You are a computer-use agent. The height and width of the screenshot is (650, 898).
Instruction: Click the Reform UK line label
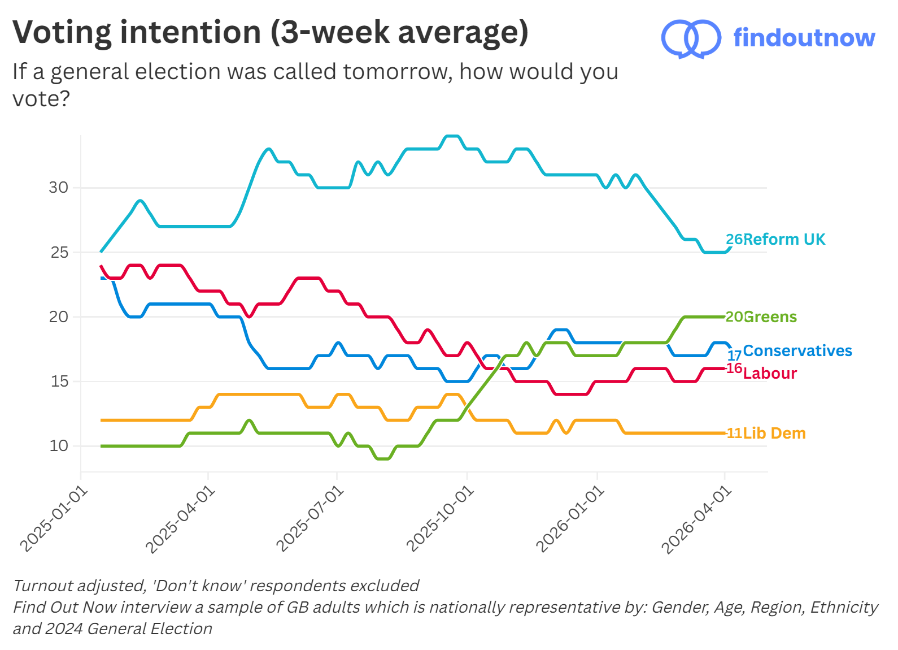coord(784,240)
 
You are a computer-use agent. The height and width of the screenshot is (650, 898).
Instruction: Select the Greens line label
coord(770,317)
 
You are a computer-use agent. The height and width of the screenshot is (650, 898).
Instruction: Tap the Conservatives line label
coord(797,351)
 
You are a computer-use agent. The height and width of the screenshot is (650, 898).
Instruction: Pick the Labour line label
coord(770,374)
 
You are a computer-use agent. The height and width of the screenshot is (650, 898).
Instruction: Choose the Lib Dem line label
coord(774,434)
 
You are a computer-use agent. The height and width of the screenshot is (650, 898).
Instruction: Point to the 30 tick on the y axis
coord(58,188)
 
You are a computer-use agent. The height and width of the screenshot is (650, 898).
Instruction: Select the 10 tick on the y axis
coord(59,446)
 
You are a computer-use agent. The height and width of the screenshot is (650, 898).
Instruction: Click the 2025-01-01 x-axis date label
coord(54,518)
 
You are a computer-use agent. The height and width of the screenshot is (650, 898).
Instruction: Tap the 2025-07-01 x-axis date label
coord(310,518)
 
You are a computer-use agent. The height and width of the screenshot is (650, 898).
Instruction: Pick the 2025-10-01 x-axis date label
coord(440,518)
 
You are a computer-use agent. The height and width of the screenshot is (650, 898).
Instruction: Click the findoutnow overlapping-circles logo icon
coord(691,38)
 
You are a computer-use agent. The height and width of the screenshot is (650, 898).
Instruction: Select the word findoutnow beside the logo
coord(804,38)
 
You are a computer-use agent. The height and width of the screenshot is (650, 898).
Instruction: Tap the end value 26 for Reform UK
coord(734,240)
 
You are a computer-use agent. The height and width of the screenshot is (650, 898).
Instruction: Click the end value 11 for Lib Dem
coord(734,434)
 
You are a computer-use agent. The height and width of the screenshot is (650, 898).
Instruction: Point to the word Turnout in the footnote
coord(43,586)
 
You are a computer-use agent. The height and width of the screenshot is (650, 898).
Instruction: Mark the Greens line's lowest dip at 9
coord(382,458)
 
